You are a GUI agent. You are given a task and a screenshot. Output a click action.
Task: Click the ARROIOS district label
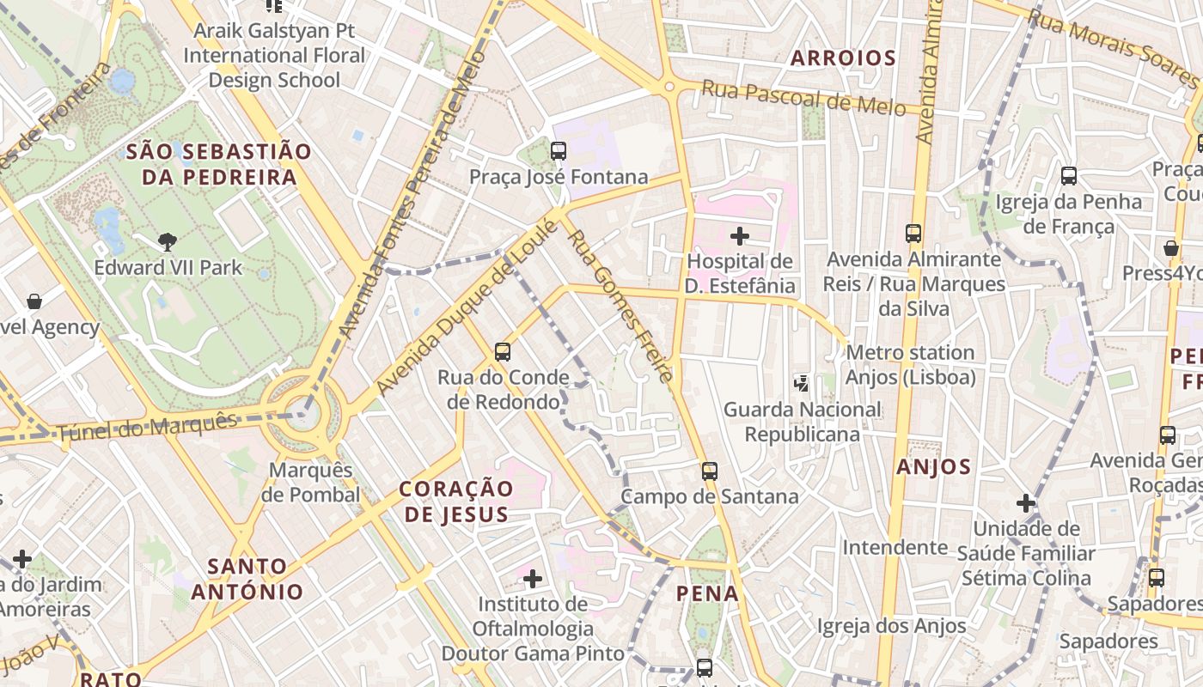843,58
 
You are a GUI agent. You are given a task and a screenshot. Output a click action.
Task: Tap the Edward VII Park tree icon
168,242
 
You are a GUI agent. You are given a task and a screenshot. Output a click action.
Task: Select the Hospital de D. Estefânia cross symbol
739,235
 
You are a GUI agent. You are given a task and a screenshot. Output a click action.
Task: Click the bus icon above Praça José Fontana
559,151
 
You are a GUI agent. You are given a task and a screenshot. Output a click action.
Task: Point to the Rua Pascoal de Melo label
803,97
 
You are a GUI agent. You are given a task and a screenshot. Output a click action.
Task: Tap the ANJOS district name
933,467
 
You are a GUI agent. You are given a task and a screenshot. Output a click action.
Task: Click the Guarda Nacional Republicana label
803,422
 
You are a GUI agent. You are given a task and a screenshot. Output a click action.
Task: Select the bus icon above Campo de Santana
709,471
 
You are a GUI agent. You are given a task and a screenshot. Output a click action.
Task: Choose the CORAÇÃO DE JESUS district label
456,502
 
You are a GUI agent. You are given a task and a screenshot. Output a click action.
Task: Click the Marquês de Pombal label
310,483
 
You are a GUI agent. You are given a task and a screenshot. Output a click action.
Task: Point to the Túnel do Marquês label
146,427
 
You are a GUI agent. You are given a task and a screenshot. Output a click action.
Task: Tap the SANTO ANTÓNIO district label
247,579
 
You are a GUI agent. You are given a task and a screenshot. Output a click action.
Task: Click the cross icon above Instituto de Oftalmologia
533,579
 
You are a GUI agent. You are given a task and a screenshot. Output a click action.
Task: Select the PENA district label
707,593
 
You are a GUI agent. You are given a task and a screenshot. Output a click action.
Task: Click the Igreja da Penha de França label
1068,214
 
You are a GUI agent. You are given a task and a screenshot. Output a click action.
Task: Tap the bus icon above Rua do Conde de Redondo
503,351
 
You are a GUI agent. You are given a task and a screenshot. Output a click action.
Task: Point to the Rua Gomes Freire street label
619,306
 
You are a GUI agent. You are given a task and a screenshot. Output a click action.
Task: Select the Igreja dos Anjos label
891,626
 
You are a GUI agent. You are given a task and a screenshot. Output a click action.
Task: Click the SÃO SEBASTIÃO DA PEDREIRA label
218,164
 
